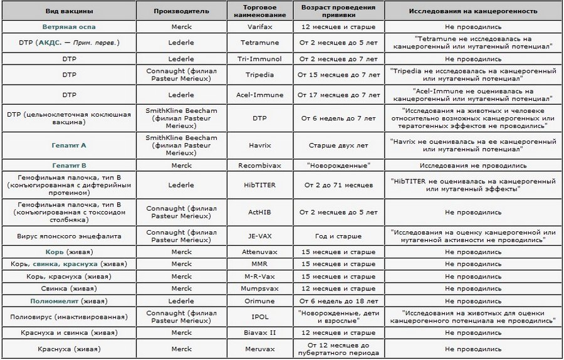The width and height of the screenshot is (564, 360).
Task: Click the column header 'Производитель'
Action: (181, 11)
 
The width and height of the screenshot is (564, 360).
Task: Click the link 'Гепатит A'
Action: (69, 145)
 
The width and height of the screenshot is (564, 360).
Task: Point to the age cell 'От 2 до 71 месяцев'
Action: (338, 186)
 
